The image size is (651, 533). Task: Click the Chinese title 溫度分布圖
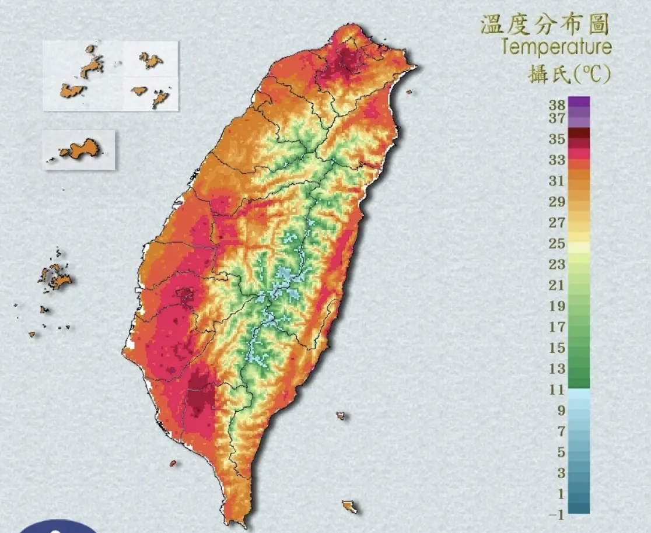544,25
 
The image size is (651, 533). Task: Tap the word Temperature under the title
555,47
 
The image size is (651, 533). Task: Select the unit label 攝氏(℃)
569,74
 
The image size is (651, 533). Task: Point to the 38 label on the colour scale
556,106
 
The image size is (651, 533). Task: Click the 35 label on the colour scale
556,139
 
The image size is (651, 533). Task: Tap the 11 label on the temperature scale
556,390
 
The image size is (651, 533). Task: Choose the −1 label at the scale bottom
556,514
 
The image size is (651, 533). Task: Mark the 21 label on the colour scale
556,285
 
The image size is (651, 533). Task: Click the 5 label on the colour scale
560,452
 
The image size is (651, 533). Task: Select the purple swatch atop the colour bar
578,102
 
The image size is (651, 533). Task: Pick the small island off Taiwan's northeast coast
409,92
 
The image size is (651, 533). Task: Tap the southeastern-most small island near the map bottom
349,506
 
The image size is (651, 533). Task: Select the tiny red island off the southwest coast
173,464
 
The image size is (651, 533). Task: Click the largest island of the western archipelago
58,278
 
